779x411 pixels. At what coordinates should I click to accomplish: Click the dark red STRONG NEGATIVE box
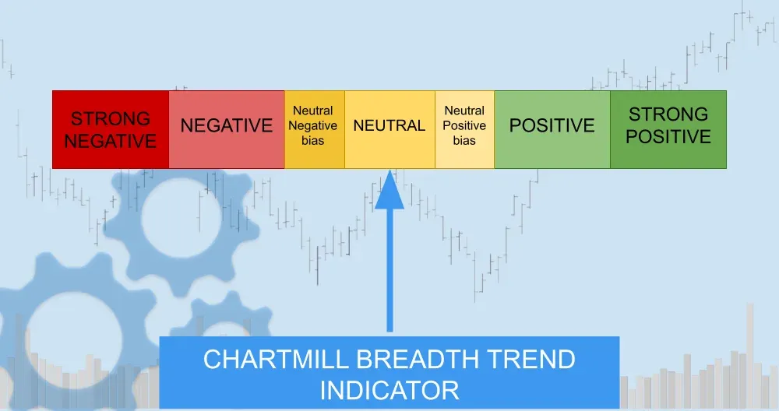tap(111, 129)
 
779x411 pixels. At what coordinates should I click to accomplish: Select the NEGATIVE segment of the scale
tap(227, 129)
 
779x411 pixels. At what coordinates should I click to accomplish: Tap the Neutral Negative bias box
tap(314, 129)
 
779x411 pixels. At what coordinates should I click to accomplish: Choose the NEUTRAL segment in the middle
tap(389, 129)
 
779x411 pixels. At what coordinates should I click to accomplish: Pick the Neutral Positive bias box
tap(464, 129)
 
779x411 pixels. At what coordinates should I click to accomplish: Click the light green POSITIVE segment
tap(552, 129)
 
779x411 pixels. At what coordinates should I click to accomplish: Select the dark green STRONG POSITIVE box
tap(668, 129)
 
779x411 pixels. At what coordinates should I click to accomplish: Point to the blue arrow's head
tap(389, 191)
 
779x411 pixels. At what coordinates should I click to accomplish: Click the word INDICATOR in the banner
tap(389, 388)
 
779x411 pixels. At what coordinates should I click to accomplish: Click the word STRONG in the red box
tap(111, 119)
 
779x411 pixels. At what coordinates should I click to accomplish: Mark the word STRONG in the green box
tap(668, 114)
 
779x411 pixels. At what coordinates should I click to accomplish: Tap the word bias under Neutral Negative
tap(313, 141)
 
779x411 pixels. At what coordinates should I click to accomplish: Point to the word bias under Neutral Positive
tap(464, 141)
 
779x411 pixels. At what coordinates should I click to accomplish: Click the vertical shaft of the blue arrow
tap(389, 272)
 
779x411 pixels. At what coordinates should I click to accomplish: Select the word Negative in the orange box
tap(314, 126)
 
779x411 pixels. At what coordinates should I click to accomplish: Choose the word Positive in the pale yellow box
tap(464, 126)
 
